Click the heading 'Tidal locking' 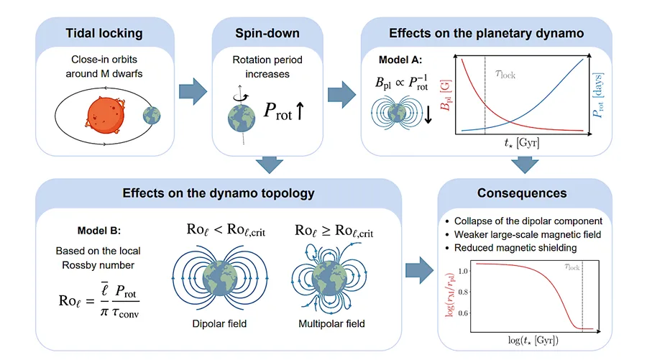click(104, 33)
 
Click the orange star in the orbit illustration click(105, 115)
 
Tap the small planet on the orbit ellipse click(152, 116)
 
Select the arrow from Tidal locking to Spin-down click(193, 91)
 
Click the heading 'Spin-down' click(267, 33)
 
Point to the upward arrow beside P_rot click(300, 111)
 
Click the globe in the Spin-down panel click(242, 119)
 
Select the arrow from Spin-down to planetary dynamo click(341, 94)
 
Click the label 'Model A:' click(400, 60)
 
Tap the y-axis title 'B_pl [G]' click(446, 96)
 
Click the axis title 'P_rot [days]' click(598, 96)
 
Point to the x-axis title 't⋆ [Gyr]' click(522, 143)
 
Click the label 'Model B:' click(99, 231)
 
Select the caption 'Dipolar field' click(219, 323)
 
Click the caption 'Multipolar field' click(331, 323)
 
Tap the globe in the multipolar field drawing click(329, 280)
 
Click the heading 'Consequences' click(522, 193)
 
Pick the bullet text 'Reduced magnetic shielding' click(515, 248)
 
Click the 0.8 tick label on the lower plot click(463, 292)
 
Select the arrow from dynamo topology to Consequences click(420, 270)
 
